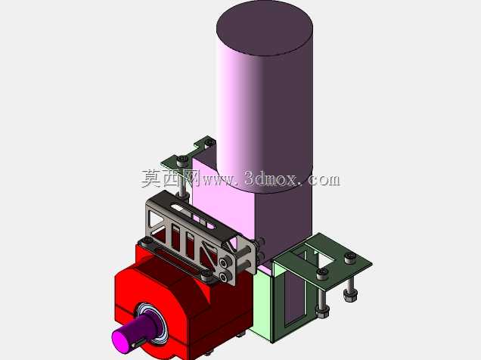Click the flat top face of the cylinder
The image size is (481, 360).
tap(265, 28)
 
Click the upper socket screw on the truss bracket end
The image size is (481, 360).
tap(226, 262)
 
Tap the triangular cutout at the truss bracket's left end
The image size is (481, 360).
tap(155, 219)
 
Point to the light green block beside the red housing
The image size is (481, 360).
tap(262, 305)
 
